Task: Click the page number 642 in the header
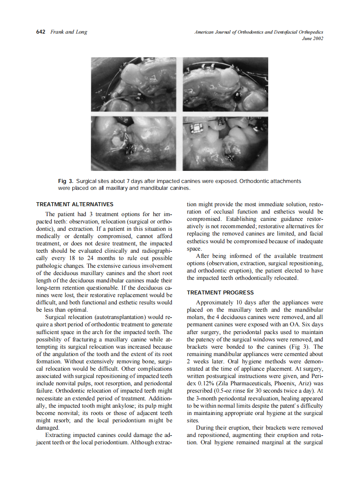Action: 41,32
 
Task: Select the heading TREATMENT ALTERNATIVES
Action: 75,204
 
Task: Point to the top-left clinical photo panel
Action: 134,84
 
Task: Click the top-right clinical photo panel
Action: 225,84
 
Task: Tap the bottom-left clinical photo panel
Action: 134,143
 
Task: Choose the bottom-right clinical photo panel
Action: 225,143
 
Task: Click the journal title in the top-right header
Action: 259,32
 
